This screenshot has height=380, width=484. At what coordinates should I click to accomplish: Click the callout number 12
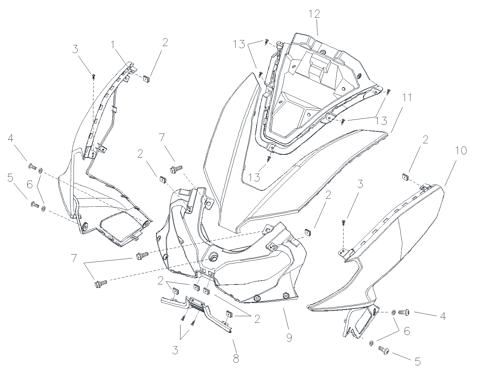tap(314, 14)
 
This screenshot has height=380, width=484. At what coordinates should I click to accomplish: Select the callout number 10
tap(461, 151)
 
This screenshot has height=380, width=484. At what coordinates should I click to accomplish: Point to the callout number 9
tap(289, 338)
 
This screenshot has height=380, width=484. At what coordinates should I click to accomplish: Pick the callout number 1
tap(113, 45)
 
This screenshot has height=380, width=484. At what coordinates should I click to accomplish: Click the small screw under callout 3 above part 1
tap(94, 76)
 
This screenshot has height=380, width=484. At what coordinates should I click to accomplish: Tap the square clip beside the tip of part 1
tap(146, 79)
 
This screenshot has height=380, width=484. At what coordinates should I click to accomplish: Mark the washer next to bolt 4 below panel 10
tap(393, 312)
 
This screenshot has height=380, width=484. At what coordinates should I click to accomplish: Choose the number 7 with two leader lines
tap(74, 258)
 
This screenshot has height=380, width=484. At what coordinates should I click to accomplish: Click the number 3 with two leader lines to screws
tap(175, 350)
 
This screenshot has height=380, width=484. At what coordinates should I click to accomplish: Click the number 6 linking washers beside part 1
tap(30, 184)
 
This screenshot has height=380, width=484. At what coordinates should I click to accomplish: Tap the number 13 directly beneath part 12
tap(254, 177)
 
